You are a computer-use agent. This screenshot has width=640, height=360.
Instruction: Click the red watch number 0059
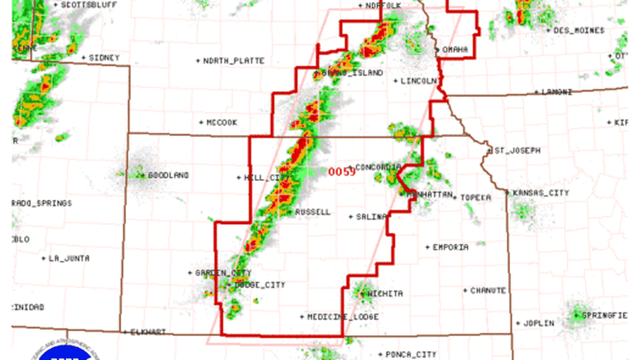[x=342, y=172]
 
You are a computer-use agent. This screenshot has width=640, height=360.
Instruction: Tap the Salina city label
[x=372, y=217]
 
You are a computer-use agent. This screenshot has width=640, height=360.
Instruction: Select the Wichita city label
[x=385, y=294]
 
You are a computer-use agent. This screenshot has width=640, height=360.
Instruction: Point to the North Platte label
[x=234, y=61]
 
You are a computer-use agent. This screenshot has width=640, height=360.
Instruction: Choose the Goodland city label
[x=168, y=175]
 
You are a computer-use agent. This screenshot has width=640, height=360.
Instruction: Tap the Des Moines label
[x=579, y=30]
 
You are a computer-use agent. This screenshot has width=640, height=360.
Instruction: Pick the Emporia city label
[x=450, y=247]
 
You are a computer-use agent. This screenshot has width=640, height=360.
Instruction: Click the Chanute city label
[x=488, y=290]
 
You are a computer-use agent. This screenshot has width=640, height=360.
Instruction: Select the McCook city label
[x=222, y=122]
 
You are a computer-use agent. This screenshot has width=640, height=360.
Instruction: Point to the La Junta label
[x=68, y=258]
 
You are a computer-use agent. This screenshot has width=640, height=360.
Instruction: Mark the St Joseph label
[x=517, y=151]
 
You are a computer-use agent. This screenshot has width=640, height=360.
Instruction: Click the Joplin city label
[x=538, y=323]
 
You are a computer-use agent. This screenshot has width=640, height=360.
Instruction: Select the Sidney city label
[x=104, y=57]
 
